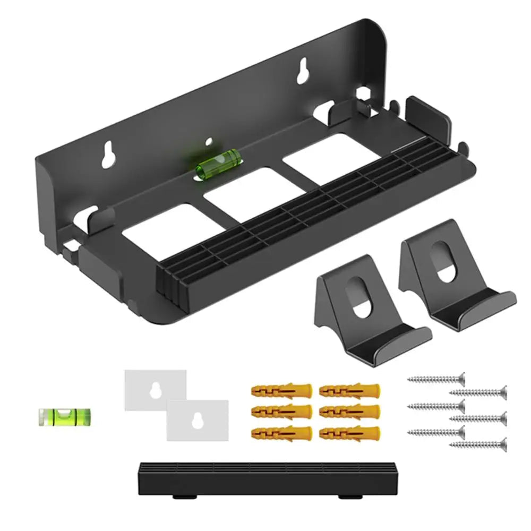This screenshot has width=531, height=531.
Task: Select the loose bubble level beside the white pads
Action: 65,417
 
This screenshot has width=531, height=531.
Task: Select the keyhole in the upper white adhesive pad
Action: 155,389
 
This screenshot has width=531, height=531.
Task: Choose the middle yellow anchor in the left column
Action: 280,412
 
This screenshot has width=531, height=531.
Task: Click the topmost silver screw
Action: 436,379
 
